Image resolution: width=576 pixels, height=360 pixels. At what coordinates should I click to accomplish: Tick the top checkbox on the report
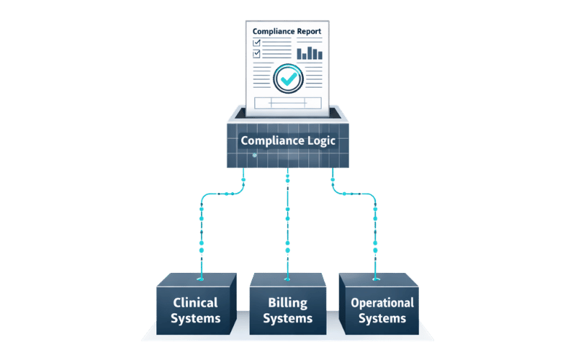256,43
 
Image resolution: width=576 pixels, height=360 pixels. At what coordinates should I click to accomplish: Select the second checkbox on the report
256,54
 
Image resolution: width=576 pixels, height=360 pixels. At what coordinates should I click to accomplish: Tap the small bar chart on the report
310,52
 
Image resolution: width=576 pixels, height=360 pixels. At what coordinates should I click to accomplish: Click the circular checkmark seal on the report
289,78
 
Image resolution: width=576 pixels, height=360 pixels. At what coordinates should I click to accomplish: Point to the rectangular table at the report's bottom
287,103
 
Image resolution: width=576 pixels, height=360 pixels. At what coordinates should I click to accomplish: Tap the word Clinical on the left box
196,302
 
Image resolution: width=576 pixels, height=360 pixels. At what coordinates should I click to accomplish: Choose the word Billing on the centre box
287,302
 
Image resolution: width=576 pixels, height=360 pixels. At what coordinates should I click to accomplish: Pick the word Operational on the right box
382,302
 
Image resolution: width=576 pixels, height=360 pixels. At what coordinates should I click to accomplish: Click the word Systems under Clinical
196,318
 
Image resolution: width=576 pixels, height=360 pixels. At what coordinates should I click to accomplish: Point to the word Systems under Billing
287,318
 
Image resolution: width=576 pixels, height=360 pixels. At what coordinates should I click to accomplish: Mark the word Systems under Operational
382,318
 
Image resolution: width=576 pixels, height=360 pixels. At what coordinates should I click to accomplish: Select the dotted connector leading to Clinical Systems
202,230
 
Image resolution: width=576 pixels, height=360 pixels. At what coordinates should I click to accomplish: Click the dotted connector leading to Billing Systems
287,223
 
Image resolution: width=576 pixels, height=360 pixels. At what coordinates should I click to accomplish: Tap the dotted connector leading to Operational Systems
375,230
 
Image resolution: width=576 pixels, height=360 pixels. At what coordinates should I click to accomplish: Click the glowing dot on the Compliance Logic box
254,154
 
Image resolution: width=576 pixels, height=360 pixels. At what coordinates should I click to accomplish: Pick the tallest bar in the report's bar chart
312,51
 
